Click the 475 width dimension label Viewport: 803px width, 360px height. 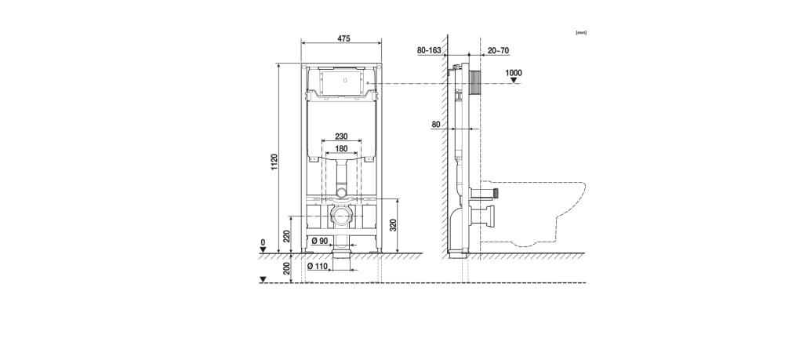(343, 39)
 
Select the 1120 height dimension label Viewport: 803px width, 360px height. (274, 162)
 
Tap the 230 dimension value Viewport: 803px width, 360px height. (341, 136)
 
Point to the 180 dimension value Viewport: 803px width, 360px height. (341, 148)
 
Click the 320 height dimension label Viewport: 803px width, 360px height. (394, 226)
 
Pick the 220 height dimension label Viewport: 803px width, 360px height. (287, 236)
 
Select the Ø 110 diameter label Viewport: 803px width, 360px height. (317, 266)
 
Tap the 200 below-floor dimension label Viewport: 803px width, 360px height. (287, 269)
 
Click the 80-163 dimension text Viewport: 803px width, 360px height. (429, 50)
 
